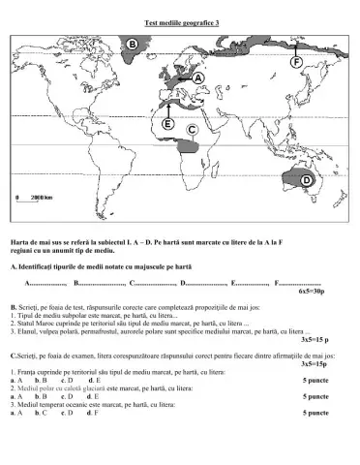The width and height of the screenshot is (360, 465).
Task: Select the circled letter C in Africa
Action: [x=192, y=127]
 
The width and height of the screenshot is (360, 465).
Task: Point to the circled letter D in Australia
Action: [x=307, y=181]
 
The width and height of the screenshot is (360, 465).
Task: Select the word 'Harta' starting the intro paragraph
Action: [x=19, y=240]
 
